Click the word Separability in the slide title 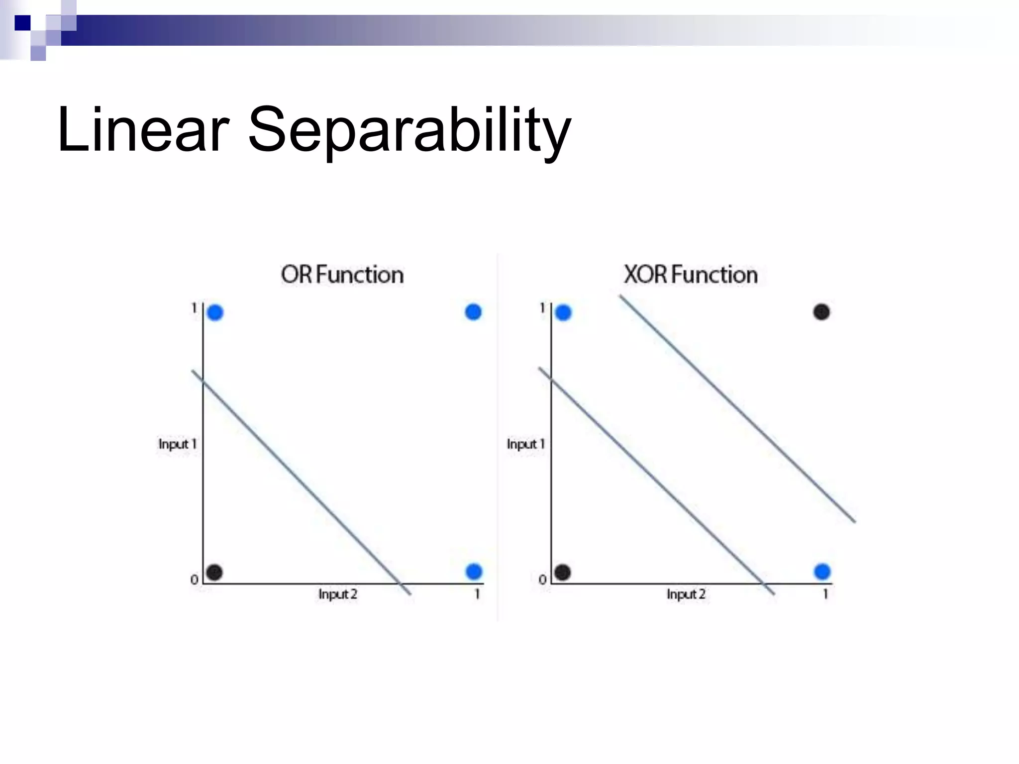[x=409, y=130]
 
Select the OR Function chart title [x=342, y=275]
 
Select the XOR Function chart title [x=691, y=275]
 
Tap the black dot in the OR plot [x=214, y=572]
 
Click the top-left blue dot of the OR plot [x=215, y=313]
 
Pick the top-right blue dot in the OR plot [x=473, y=312]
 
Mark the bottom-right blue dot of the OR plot [x=474, y=572]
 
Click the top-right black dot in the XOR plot [x=821, y=312]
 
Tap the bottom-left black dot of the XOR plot [x=562, y=572]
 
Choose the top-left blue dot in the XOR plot [x=563, y=313]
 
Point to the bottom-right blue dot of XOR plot [x=822, y=572]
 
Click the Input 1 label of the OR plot [x=177, y=444]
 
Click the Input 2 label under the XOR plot [x=686, y=594]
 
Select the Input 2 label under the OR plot [x=338, y=594]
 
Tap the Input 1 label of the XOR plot [x=525, y=444]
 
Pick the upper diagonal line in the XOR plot [x=736, y=408]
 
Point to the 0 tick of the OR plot [x=194, y=579]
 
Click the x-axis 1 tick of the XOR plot [x=825, y=594]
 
